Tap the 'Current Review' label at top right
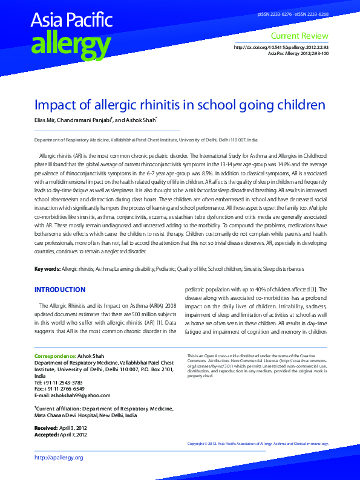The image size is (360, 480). pos(300,36)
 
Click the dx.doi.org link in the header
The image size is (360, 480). pos(281,48)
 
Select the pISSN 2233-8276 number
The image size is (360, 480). pos(273,13)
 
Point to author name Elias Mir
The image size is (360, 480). pos(47,120)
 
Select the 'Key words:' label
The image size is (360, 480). pos(47,268)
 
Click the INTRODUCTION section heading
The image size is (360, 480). pos(60,290)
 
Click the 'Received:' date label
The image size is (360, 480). pos(46,427)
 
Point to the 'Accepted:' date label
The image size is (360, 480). pos(46,434)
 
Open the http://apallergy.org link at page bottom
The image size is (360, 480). pos(59,458)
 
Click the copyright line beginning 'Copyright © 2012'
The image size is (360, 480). pos(257,444)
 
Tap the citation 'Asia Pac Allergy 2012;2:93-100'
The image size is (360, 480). pos(298,54)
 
